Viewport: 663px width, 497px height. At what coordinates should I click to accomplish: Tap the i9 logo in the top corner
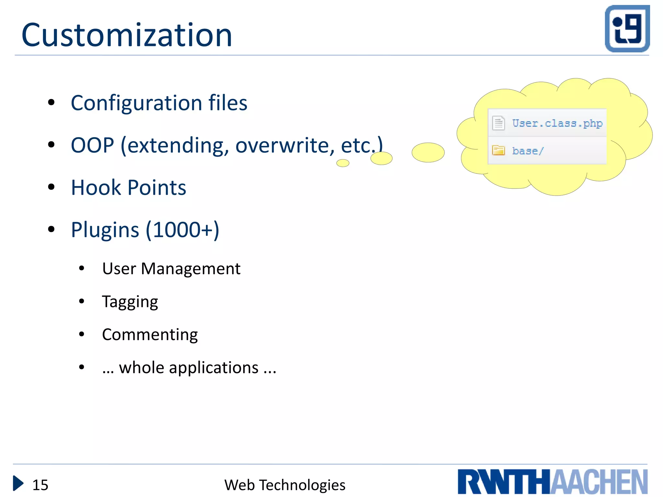[627, 28]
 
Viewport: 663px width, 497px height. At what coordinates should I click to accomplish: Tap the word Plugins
[105, 230]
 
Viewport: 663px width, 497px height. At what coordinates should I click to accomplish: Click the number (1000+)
[183, 230]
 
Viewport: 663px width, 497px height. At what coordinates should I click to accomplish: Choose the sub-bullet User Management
[171, 269]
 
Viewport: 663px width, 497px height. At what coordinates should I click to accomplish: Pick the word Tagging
[130, 302]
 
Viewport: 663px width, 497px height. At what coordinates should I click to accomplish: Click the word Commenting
[150, 335]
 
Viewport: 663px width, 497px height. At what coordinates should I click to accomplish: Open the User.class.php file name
[557, 123]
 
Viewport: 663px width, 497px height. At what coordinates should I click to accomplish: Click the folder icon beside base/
[498, 150]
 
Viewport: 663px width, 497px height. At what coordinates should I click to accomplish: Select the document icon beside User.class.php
[499, 123]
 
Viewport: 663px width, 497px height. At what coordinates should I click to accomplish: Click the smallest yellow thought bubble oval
[343, 163]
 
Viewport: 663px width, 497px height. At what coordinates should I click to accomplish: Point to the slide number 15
[40, 485]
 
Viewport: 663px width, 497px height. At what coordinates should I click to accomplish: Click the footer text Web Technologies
[285, 485]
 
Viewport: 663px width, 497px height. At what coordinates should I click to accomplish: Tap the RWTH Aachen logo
[552, 482]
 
